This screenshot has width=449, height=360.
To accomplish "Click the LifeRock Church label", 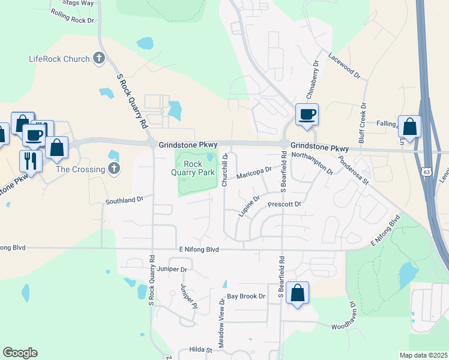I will [59, 59].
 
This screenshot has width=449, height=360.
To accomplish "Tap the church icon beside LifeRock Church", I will [100, 59].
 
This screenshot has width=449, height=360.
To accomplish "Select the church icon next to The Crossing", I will [114, 169].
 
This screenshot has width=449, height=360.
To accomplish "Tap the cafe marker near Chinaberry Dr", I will [307, 115].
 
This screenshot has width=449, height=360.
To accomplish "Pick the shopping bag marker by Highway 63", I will [409, 127].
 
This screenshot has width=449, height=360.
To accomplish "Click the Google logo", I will [20, 353].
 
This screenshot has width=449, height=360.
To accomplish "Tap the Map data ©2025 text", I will [423, 355].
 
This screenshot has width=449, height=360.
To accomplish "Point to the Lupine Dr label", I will [249, 206].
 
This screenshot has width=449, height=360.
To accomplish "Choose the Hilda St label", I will [202, 350].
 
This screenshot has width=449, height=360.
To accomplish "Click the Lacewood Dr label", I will [345, 66].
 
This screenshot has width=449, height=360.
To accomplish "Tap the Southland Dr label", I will [125, 199].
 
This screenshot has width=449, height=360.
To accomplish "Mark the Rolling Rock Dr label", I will [73, 16].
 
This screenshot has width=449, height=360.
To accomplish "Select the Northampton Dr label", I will [312, 162].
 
